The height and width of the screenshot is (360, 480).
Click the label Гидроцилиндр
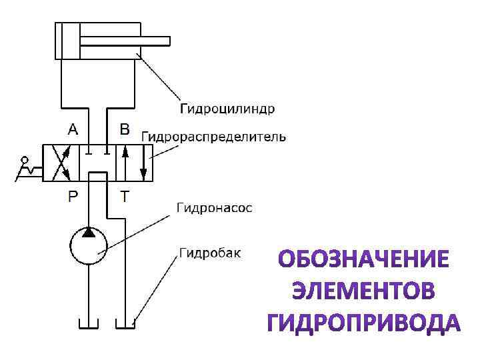point(227,108)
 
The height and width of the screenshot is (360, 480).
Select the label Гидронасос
point(214,208)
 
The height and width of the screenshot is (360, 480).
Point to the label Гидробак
point(210,253)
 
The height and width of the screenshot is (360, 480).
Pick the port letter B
point(125,129)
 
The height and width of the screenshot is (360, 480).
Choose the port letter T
point(124,195)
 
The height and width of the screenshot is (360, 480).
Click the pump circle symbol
point(89,245)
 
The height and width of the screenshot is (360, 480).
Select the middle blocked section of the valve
point(98,162)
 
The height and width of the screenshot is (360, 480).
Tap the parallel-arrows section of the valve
point(133,162)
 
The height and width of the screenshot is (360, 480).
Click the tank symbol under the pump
point(89,324)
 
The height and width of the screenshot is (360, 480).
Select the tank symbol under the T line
point(125,324)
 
